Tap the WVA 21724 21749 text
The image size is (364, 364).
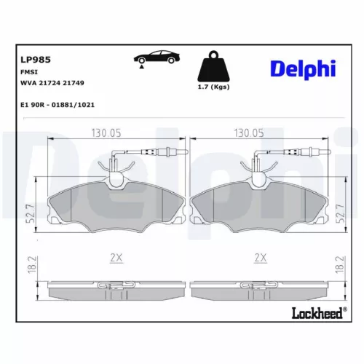(x=52, y=83)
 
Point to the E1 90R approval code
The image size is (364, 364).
(x=58, y=104)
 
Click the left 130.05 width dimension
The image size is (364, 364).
(x=106, y=133)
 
